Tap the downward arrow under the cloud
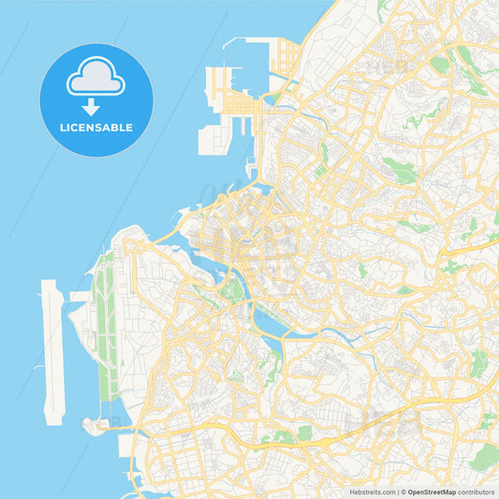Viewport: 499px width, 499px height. (x=96, y=105)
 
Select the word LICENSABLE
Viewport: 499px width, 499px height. (x=96, y=127)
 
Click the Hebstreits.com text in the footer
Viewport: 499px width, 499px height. (x=370, y=491)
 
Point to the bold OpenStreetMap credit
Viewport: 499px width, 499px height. (x=433, y=491)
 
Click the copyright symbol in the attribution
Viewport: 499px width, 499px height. (x=404, y=491)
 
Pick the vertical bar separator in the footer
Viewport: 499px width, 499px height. (x=397, y=491)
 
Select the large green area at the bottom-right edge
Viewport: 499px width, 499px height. (x=485, y=457)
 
